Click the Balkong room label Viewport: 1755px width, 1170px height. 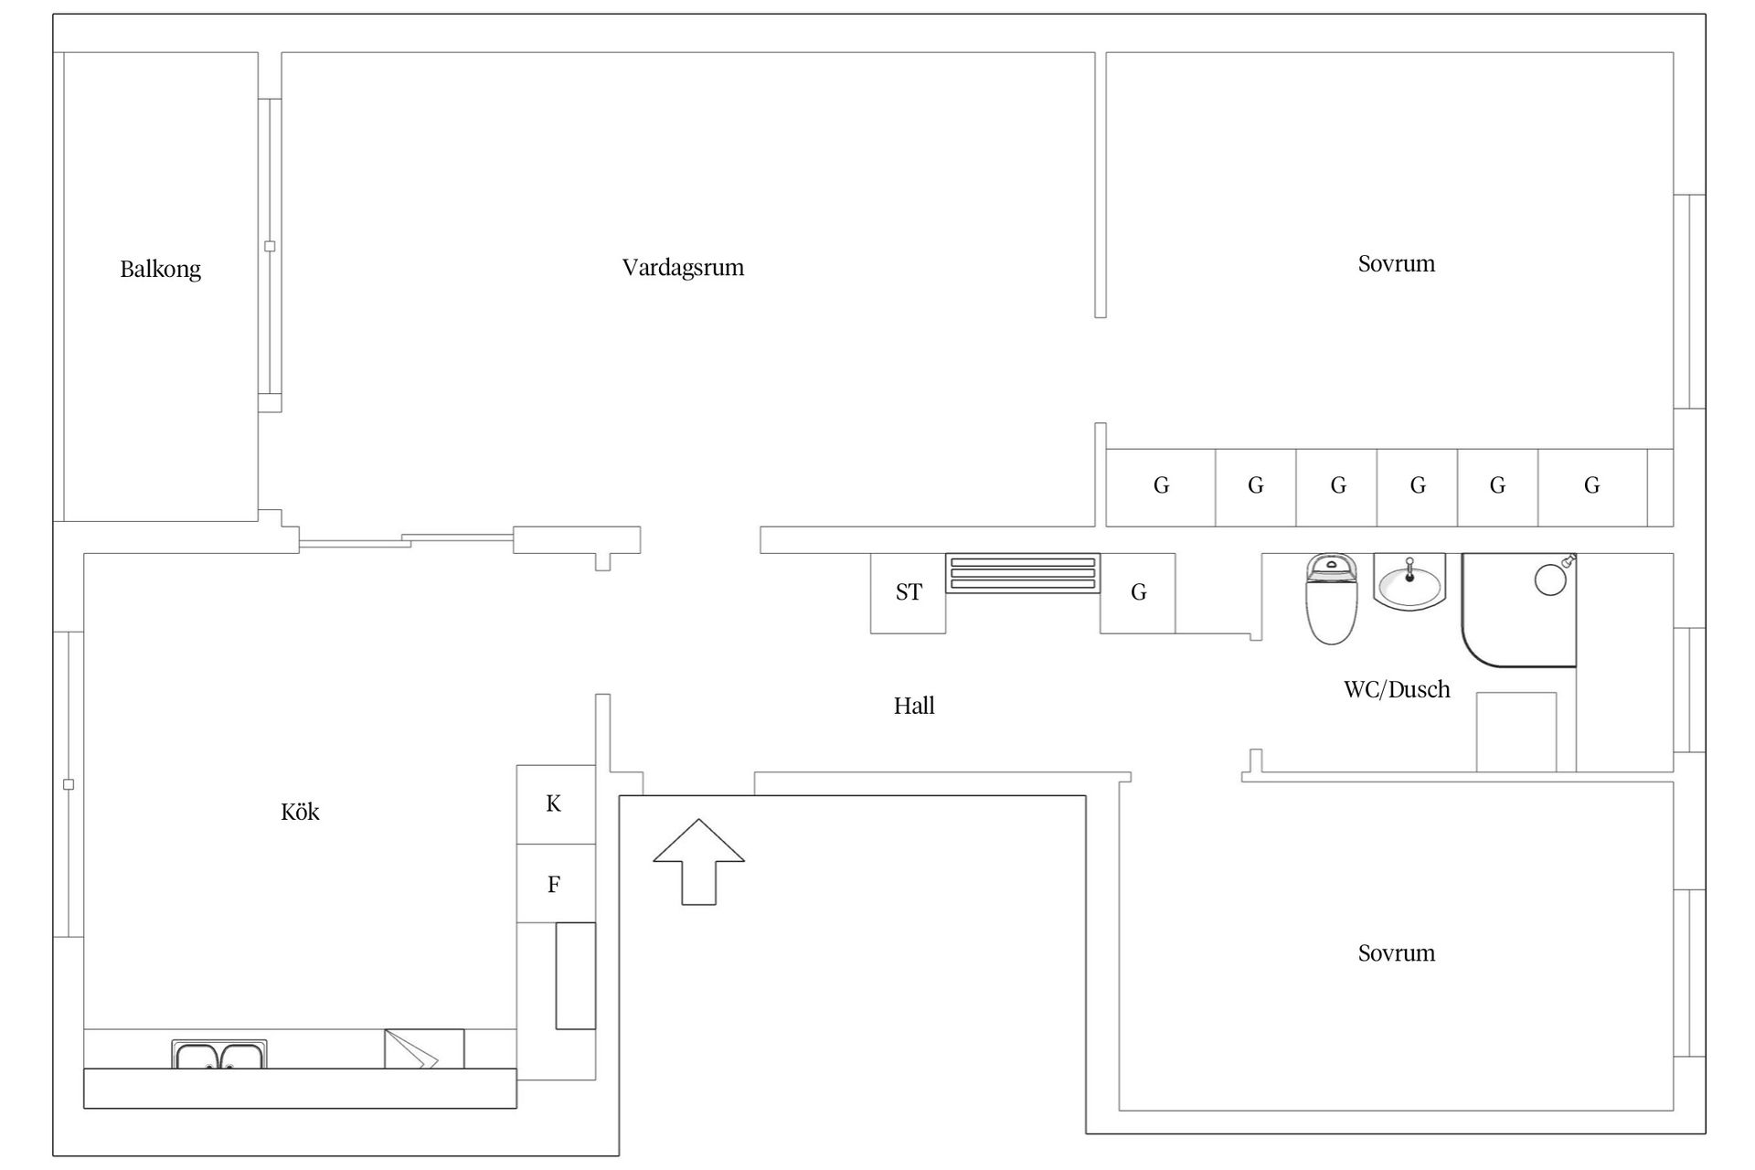(x=160, y=270)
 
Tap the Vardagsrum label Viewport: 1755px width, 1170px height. (x=683, y=268)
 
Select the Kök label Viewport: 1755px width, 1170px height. (x=300, y=812)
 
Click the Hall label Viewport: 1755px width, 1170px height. (x=914, y=706)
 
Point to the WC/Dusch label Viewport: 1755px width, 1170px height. (x=1397, y=689)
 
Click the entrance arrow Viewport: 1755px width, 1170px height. (x=698, y=862)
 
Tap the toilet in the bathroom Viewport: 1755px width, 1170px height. (x=1332, y=599)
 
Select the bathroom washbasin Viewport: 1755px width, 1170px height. (x=1409, y=581)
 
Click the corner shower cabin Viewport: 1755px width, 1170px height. (x=1519, y=610)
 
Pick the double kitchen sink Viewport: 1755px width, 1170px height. (x=219, y=1054)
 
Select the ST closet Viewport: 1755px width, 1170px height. (x=908, y=593)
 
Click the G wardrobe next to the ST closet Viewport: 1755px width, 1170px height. (x=1137, y=593)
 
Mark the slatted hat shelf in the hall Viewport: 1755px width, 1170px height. (x=1023, y=573)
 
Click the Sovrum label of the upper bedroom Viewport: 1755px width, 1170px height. (x=1397, y=264)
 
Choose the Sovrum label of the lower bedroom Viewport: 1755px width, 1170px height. (x=1397, y=953)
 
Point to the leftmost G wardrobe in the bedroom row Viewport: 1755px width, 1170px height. (x=1161, y=487)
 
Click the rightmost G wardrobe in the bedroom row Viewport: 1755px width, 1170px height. (x=1592, y=487)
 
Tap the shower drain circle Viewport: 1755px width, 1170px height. (x=1550, y=580)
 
